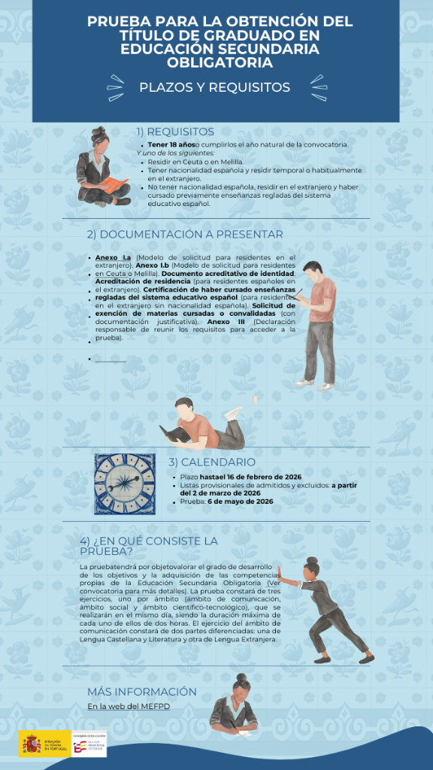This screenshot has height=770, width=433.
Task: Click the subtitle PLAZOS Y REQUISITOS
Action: tap(214, 87)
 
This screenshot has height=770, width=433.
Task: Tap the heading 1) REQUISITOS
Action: tap(175, 132)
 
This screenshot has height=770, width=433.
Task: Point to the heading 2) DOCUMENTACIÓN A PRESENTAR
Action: tap(184, 234)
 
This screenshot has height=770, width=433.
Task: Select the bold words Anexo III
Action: tap(221, 321)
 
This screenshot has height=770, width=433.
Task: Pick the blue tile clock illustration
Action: tap(125, 484)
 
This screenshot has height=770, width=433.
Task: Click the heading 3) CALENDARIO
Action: tap(211, 462)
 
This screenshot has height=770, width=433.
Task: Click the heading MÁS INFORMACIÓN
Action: tap(141, 691)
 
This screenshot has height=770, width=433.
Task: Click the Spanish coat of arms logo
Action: tap(31, 744)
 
